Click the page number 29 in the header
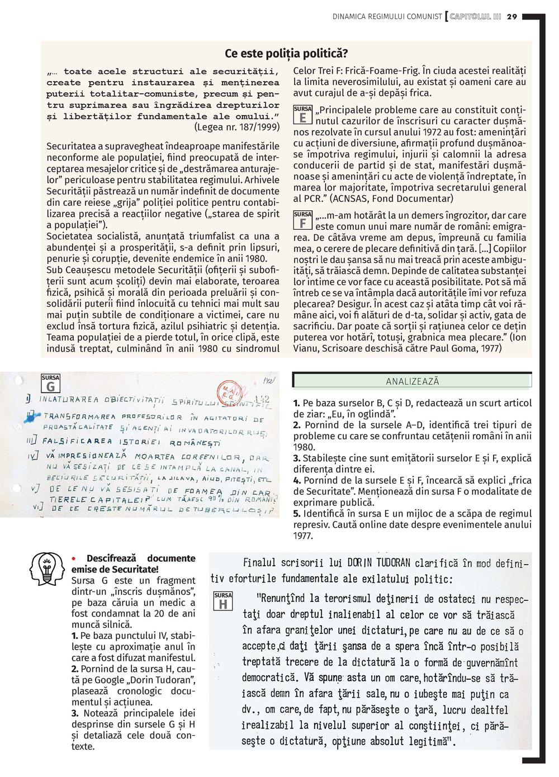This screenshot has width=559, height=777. tap(512, 16)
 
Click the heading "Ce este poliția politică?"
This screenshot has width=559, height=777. tap(286, 54)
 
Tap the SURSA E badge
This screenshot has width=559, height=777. tap(303, 115)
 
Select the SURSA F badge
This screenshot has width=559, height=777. tap(303, 220)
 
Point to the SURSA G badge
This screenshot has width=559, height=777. tap(50, 383)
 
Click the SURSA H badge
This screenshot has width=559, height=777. tap(223, 601)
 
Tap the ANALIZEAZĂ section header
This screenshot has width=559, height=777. tap(413, 381)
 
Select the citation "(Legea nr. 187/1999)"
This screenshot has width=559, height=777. tap(236, 127)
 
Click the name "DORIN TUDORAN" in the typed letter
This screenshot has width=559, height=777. tap(378, 562)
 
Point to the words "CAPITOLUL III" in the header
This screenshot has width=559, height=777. tap(475, 16)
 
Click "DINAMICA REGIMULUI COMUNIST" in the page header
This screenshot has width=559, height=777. tap(387, 16)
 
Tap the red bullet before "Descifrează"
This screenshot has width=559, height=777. tap(74, 558)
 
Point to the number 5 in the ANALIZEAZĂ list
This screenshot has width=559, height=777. tap(296, 514)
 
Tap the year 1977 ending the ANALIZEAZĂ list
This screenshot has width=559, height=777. tap(303, 536)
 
